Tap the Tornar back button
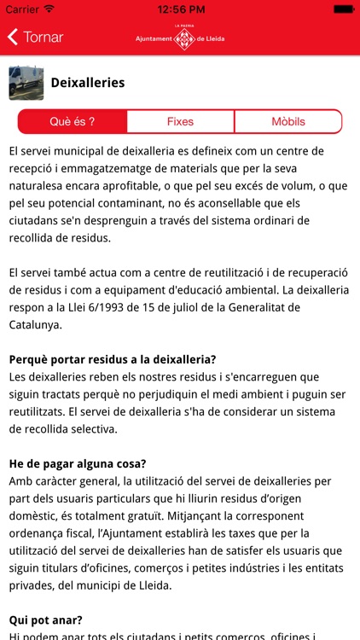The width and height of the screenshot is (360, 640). point(36,38)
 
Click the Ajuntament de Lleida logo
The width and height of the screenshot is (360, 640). point(180,37)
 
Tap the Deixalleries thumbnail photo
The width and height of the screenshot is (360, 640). point(26,83)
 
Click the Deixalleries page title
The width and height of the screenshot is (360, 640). point(88,83)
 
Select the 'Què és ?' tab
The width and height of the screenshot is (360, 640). point(73,121)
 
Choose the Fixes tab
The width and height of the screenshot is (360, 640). point(180,121)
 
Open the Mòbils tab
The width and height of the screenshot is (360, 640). point(287,121)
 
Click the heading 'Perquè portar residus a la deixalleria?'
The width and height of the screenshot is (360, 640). point(113,359)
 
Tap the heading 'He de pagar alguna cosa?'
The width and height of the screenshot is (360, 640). point(78,463)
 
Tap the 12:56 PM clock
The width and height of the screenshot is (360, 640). point(180,9)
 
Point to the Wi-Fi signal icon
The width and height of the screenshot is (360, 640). point(49,9)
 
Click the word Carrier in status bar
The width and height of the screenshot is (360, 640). point(21,9)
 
